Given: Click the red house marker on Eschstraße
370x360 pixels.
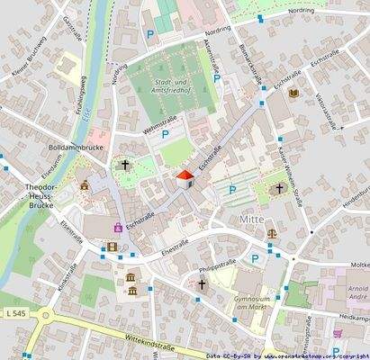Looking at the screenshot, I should click(x=185, y=178).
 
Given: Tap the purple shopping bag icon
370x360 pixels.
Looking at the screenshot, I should click(x=118, y=227).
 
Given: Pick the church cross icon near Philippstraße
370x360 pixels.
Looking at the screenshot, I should click(x=202, y=284).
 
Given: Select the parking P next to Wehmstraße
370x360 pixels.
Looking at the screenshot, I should click(x=164, y=136).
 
